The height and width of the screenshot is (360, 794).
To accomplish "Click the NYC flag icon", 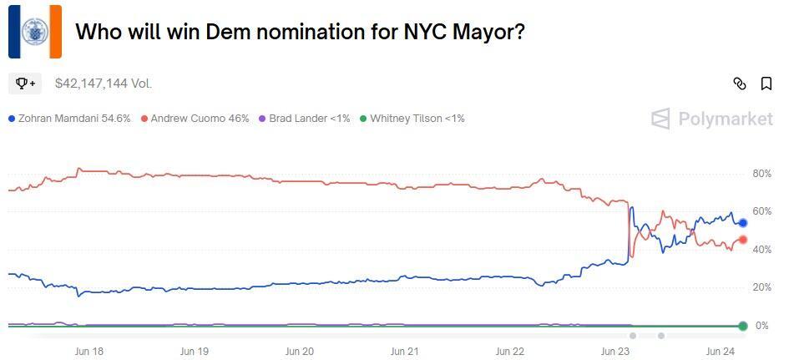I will (x=35, y=32).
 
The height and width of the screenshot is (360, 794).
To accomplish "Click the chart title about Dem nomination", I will (x=301, y=32).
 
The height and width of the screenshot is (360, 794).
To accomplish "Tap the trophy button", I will (x=25, y=84).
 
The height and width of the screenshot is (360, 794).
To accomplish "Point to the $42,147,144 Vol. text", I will (x=104, y=84).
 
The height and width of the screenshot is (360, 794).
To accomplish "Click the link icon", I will (x=739, y=84).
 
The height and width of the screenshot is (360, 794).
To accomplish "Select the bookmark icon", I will (x=766, y=84).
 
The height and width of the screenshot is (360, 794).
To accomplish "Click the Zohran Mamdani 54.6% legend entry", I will (x=69, y=119).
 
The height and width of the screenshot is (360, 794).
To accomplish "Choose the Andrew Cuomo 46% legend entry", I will (x=195, y=119).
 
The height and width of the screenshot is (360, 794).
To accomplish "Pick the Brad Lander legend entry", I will (x=304, y=119).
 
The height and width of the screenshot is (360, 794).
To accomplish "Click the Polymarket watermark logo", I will (x=712, y=119).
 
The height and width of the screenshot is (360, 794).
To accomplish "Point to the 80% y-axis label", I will (x=761, y=174).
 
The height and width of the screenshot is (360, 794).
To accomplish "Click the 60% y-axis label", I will (x=761, y=211).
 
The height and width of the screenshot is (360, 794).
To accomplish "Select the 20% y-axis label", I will (x=761, y=287).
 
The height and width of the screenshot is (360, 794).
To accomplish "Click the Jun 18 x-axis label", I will (x=89, y=352).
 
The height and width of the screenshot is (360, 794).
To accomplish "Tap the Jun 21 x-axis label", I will (x=404, y=352).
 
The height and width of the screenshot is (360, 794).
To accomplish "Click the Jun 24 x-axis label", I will (x=720, y=352).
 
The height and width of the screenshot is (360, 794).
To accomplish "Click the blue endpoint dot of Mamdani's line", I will (x=742, y=223).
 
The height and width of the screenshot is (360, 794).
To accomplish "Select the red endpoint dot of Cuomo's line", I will (x=742, y=241).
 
